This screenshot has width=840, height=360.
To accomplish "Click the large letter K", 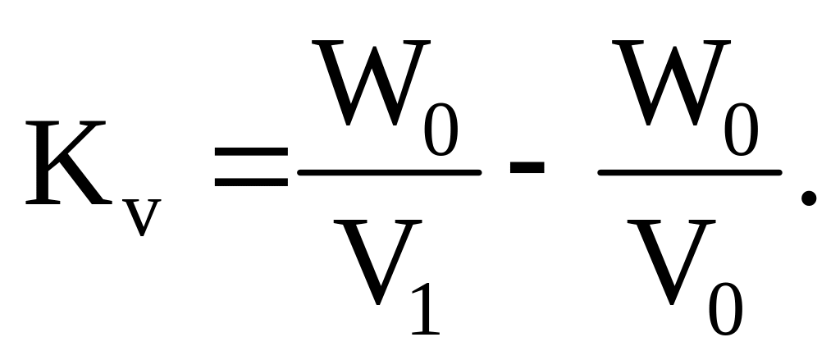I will coord(70,164).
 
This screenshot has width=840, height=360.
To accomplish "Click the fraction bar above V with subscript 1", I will coord(389,172).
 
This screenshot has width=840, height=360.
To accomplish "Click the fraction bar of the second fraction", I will coord(690,172).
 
